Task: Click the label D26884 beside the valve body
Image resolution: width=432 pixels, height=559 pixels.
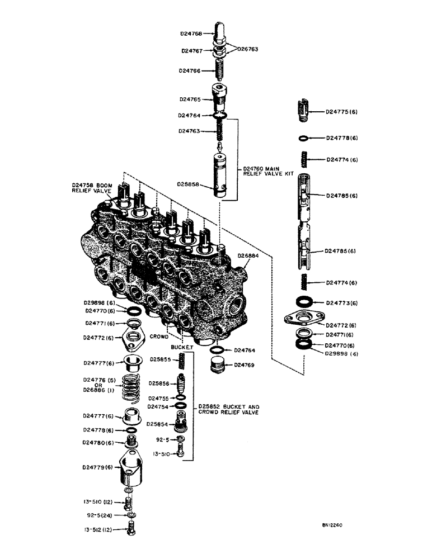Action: click(248, 255)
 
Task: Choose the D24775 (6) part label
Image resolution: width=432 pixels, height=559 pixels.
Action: click(342, 112)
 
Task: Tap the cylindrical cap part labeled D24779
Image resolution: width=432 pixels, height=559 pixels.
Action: click(130, 472)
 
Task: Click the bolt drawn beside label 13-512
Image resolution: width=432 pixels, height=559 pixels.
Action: click(130, 527)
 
